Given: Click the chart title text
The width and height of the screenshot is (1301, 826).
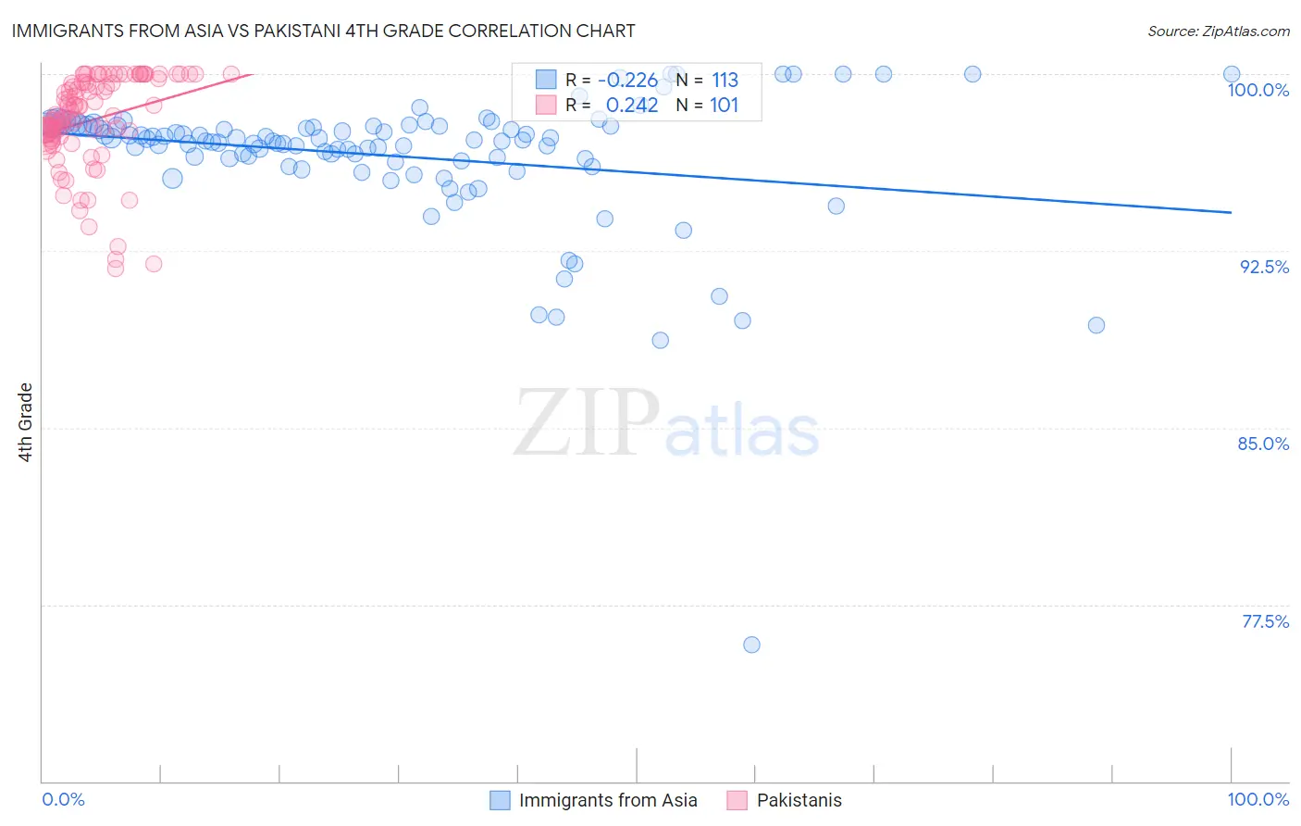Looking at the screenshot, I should click(x=323, y=31).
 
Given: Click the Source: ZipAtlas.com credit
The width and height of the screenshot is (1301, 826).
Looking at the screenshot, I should click(x=1218, y=31).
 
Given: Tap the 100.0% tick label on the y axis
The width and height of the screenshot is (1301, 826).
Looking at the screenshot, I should click(x=1258, y=90).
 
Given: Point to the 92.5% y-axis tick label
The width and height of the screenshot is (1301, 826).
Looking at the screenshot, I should click(x=1264, y=267).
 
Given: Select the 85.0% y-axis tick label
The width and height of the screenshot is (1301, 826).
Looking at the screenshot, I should click(x=1263, y=444).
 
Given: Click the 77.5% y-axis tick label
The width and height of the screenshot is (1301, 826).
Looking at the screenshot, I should click(x=1265, y=621).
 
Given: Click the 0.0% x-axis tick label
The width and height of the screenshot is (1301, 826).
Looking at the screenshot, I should click(x=63, y=799).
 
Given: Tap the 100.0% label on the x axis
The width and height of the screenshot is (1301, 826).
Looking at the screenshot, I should click(x=1258, y=799).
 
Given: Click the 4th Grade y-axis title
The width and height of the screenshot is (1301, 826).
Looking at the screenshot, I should click(x=26, y=422).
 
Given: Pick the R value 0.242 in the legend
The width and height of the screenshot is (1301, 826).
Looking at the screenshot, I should click(x=632, y=106).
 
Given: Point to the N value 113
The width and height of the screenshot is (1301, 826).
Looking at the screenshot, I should click(x=725, y=81).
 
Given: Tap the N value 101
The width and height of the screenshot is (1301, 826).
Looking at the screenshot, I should click(x=724, y=106).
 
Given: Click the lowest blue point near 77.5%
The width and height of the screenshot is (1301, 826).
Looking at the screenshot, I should click(x=751, y=645).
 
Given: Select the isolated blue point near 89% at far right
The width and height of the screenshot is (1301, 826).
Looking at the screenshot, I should click(x=1096, y=325).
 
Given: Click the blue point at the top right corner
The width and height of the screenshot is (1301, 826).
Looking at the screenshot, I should click(x=1231, y=74).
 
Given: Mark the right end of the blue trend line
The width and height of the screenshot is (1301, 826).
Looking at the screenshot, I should click(x=1231, y=212).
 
